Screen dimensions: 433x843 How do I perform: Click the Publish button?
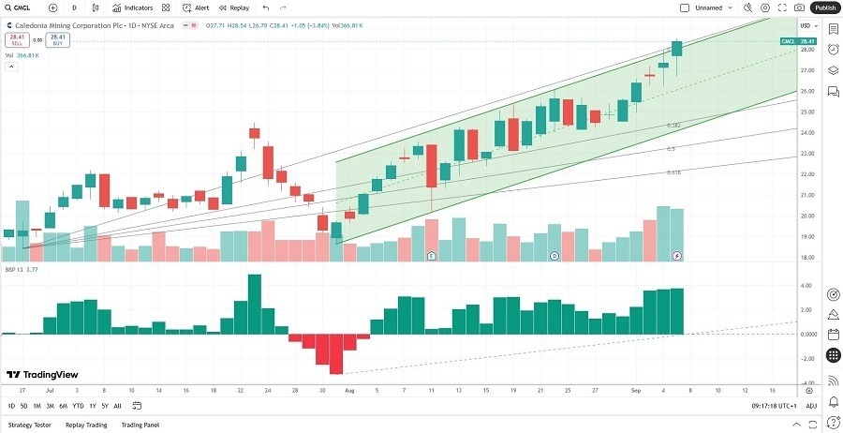click(824, 7)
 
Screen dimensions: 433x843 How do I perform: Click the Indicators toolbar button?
click(133, 7)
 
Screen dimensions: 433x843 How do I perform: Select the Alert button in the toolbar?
click(197, 7)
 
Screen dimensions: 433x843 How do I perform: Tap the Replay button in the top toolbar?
click(234, 7)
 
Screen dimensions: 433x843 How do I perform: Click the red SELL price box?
click(16, 40)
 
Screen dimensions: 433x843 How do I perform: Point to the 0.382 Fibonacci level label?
click(673, 125)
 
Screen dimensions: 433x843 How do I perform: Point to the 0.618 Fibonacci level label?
click(673, 172)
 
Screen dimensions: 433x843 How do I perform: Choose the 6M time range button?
click(63, 406)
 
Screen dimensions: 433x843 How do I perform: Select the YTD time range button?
click(78, 406)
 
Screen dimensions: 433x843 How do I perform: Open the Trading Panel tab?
click(140, 425)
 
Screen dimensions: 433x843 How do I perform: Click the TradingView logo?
click(37, 371)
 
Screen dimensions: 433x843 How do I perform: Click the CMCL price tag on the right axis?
click(798, 42)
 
